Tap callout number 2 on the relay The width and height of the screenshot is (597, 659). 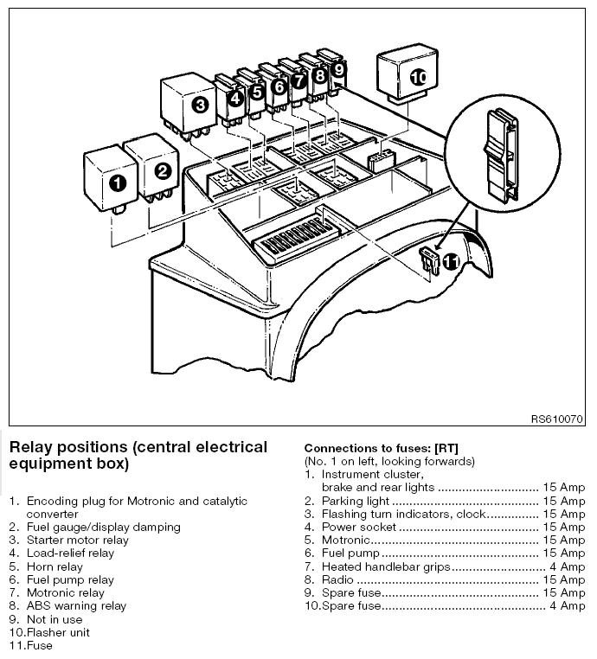click(162, 170)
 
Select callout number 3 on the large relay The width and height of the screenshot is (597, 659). click(200, 106)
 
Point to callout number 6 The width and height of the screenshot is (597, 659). click(279, 86)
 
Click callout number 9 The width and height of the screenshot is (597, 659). click(338, 68)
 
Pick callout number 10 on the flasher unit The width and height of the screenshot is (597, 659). click(418, 77)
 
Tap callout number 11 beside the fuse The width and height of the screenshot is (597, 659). click(451, 259)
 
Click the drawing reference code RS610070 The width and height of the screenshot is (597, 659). click(558, 419)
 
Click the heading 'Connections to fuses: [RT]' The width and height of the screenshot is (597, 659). click(381, 448)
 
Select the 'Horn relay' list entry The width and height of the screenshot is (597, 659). click(57, 567)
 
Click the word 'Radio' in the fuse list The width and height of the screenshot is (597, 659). click(337, 579)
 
